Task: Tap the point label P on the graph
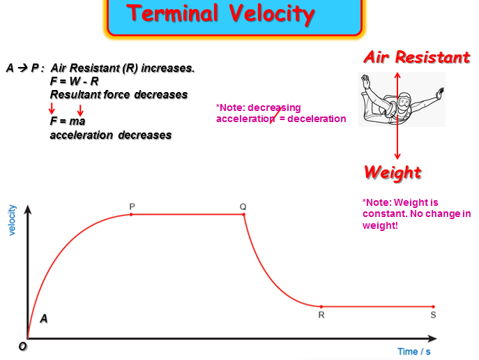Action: [x=132, y=207]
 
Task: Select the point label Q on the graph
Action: [x=243, y=207]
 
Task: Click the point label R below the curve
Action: [x=321, y=315]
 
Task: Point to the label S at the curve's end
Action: [x=433, y=315]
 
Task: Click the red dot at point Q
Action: [x=244, y=214]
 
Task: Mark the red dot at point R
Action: [x=321, y=306]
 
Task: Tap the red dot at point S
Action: [x=433, y=306]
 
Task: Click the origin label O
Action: [x=23, y=347]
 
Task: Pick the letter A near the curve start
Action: [x=44, y=319]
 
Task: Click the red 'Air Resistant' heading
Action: [x=417, y=57]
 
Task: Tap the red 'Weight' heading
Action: [x=393, y=172]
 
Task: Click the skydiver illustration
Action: [x=396, y=100]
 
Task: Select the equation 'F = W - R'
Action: [x=75, y=81]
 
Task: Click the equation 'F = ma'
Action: [x=67, y=121]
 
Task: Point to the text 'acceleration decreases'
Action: [x=110, y=135]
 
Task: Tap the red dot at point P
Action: [x=132, y=214]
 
